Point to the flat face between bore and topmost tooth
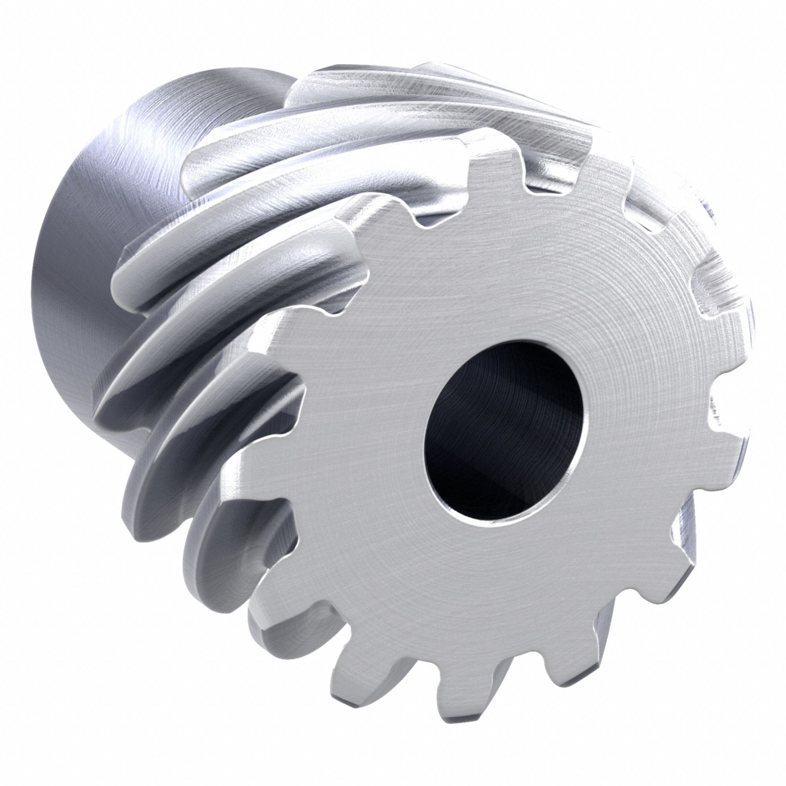click(x=496, y=264)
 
